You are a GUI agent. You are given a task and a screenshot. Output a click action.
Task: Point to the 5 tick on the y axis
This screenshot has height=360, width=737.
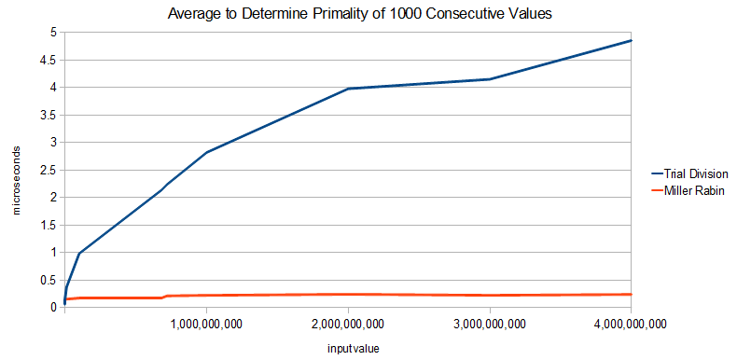pos(53,33)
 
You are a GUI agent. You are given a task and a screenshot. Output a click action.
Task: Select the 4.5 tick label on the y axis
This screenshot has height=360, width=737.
pos(48,60)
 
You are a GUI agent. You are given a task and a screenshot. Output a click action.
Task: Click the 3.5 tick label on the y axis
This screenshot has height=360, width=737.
pos(48,115)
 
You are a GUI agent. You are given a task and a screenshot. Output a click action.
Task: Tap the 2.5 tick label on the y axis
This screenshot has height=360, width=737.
pos(48,170)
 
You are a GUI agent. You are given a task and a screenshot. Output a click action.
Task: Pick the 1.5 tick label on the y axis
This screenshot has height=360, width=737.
pos(48,225)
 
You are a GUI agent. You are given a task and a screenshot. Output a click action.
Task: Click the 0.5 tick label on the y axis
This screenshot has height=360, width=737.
pos(48,280)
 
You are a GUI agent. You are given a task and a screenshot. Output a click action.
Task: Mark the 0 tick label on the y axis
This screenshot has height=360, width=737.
pos(53,307)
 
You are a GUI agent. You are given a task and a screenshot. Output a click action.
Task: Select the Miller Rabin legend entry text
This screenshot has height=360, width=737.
pos(695,191)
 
